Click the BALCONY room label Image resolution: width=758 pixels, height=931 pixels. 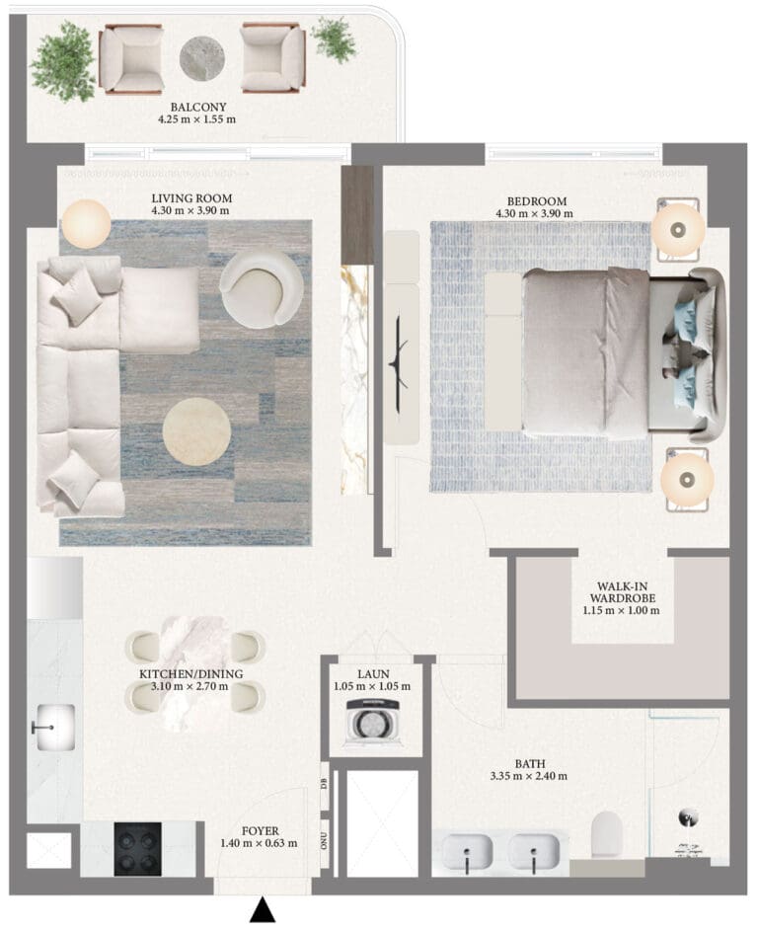point(198,108)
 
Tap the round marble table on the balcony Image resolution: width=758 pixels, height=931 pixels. point(201,58)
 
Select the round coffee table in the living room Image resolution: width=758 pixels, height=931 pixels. point(196,430)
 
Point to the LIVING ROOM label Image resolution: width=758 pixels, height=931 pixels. point(191,198)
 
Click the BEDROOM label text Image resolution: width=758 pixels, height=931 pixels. point(537,201)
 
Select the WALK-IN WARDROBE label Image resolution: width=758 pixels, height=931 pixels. point(622,592)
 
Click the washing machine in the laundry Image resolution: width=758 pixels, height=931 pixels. point(374,722)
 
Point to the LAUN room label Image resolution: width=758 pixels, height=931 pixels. point(373,674)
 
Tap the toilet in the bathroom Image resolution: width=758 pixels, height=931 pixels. point(607,834)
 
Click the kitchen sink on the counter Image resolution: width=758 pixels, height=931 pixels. point(55,728)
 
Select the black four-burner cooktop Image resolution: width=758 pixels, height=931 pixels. point(138,849)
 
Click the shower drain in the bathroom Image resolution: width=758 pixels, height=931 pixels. point(688,818)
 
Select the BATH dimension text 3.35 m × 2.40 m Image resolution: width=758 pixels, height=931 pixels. point(528,776)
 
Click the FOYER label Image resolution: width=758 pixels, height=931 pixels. point(260,831)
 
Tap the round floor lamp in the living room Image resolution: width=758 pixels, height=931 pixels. point(87,224)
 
